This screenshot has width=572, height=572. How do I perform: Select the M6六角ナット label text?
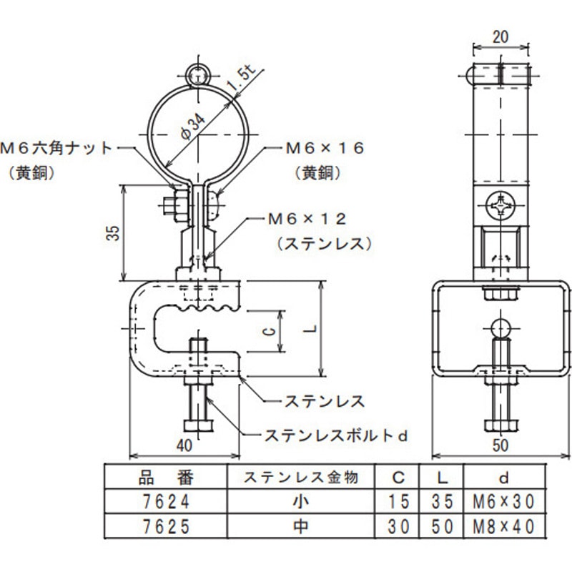(57, 148)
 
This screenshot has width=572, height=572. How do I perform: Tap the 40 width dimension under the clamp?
(184, 445)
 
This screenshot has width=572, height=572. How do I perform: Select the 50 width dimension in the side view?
(501, 445)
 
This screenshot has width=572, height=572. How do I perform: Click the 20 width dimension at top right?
(501, 37)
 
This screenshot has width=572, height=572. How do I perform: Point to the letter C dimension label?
(266, 331)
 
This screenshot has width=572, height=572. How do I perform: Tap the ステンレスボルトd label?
(336, 434)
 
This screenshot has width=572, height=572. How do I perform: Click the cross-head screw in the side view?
(501, 207)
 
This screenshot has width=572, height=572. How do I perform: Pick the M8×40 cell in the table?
(504, 527)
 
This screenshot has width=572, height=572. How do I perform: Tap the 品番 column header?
(165, 475)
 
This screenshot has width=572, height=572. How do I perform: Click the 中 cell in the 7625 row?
(300, 527)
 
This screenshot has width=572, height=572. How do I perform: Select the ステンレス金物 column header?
(300, 475)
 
